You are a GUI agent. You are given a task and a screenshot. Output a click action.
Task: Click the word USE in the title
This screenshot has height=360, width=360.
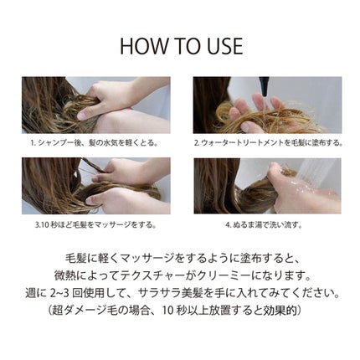221,46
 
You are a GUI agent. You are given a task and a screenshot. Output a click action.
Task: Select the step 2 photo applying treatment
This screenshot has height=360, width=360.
267,105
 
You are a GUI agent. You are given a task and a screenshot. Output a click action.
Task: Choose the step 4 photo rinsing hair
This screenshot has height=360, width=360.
267,185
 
